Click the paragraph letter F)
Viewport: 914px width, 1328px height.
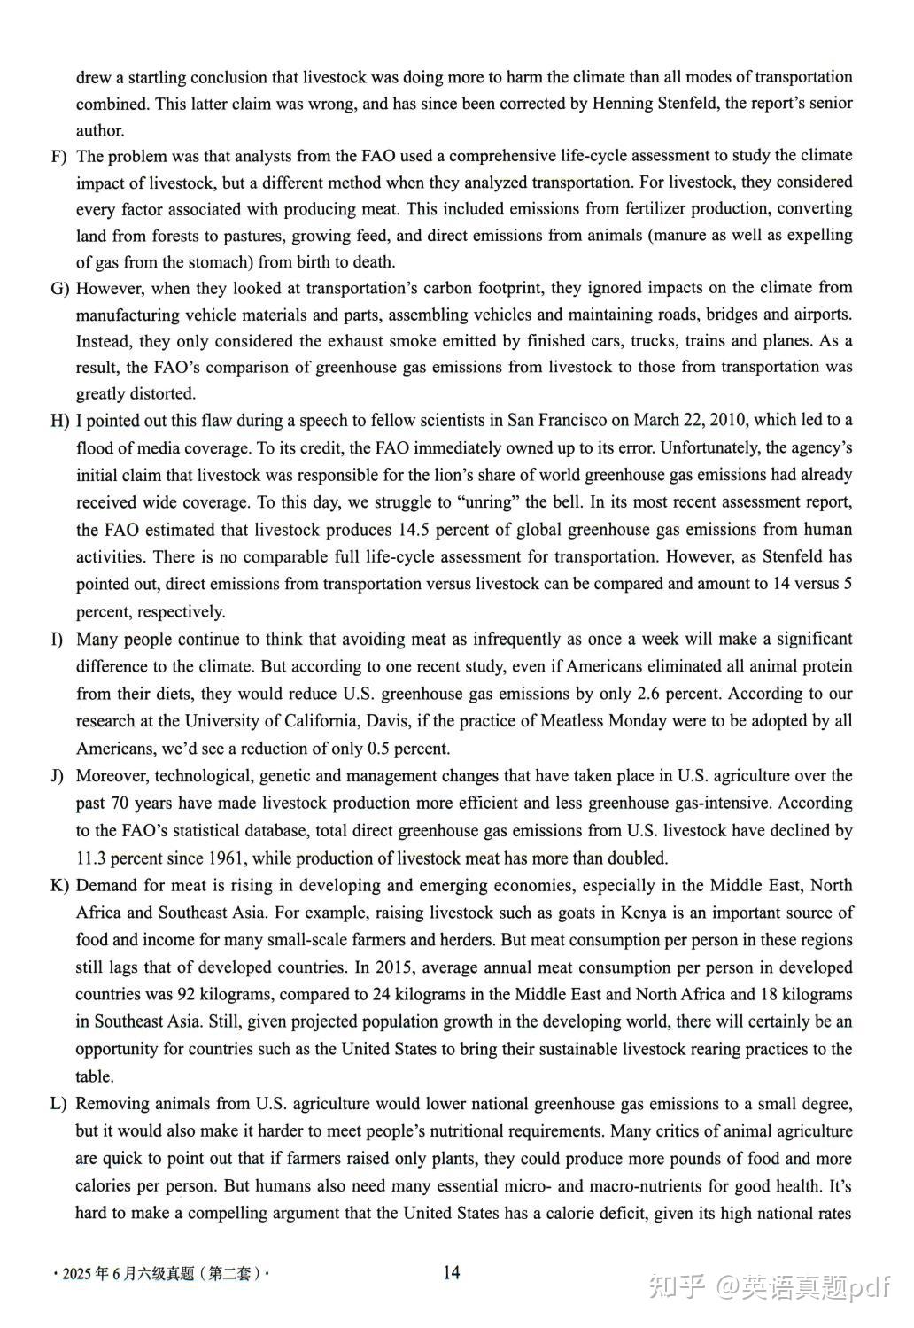[59, 157]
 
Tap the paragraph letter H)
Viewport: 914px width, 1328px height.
[59, 421]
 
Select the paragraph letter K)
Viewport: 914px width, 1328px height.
[59, 886]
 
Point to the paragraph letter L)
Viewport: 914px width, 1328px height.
[59, 1104]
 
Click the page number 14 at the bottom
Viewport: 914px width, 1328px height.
[451, 1273]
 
